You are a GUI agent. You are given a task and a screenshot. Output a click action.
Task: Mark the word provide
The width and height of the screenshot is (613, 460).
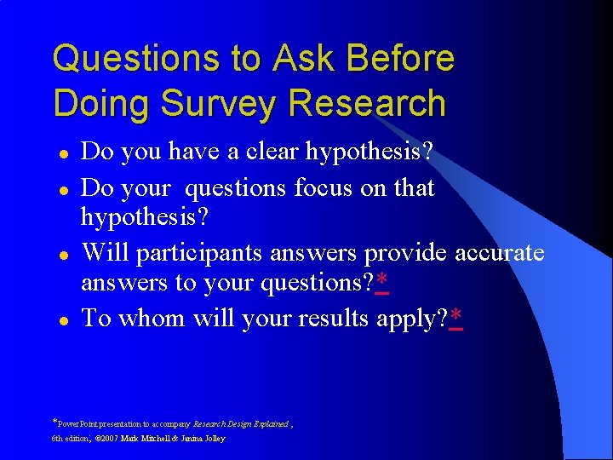(x=405, y=253)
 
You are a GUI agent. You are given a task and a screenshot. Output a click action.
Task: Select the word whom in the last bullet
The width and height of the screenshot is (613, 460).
(x=150, y=319)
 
